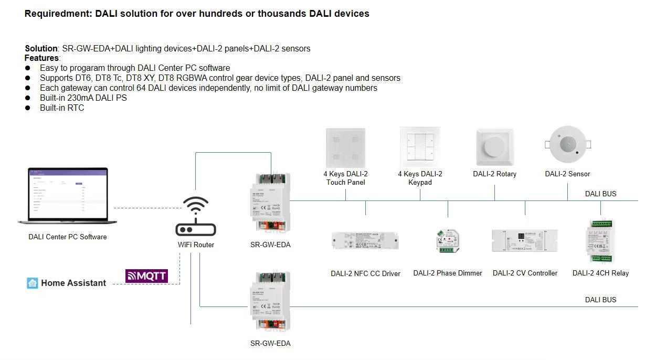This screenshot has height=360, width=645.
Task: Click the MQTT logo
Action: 146,276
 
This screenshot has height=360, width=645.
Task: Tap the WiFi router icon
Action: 195,217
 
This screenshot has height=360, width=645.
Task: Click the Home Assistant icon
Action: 33,283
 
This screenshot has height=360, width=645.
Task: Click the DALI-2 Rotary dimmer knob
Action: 494,147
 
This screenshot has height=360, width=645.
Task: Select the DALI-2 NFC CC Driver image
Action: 365,241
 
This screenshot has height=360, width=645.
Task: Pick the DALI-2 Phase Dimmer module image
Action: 447,241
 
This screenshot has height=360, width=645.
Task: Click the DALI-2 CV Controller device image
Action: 524,241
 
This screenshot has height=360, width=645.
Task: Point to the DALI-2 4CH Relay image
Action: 600,240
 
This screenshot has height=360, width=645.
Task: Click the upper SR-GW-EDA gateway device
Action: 270,203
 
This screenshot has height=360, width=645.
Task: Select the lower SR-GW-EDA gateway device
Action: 270,300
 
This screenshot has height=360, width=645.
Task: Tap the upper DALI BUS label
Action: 600,194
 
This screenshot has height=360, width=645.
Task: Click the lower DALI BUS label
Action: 600,300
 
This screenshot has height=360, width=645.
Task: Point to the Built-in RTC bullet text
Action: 62,108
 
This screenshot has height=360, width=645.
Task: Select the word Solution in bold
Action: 41,49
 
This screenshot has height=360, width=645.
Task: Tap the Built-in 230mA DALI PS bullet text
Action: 83,98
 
